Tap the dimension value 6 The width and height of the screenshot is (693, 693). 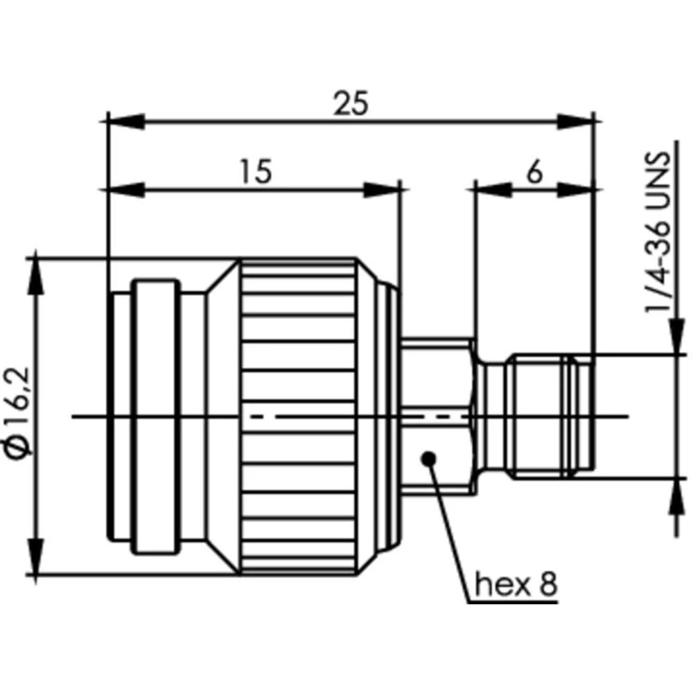coord(534,173)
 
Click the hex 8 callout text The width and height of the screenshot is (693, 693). coord(516,586)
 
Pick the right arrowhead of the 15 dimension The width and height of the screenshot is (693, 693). coord(382,188)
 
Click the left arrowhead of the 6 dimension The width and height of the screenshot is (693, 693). coord(492,188)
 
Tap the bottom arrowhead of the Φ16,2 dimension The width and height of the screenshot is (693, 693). coord(35,557)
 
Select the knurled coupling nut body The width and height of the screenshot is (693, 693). coord(298,416)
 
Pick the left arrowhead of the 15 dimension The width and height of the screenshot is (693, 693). coord(125,188)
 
